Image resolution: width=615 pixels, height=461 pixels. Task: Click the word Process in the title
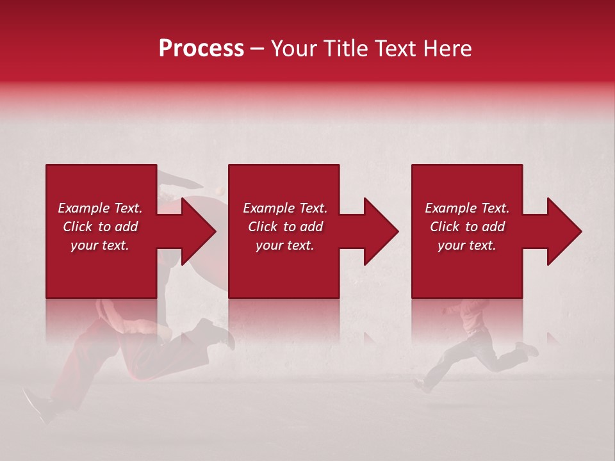201,49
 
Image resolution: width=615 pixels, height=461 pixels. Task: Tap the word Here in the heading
447,49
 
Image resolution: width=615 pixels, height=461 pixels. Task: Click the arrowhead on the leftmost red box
199,231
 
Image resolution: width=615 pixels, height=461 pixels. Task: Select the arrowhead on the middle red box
382,231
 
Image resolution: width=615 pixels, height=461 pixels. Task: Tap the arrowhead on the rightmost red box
564,231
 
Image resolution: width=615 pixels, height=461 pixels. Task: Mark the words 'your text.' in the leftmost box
100,245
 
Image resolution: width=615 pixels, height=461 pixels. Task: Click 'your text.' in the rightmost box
467,245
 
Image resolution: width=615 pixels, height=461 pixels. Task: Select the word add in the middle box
311,227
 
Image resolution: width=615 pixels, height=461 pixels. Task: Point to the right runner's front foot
423,386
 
